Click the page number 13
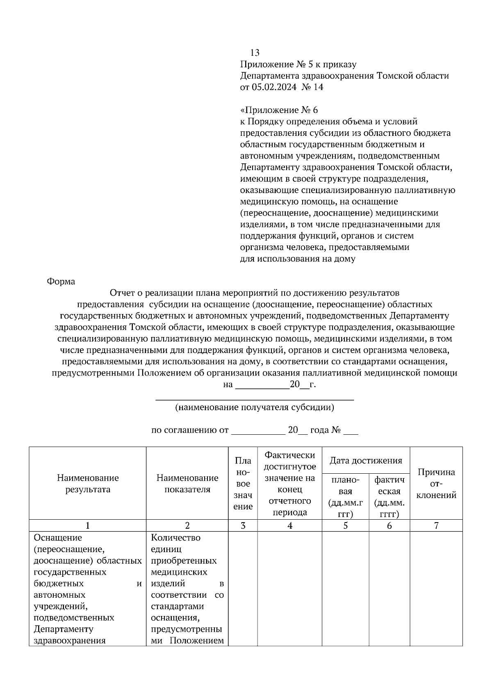tap(255, 53)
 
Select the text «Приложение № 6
tap(279, 110)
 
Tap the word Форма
tap(61, 282)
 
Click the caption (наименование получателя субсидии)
tap(254, 407)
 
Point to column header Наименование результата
tap(88, 483)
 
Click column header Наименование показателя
tap(187, 483)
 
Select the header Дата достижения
tap(366, 460)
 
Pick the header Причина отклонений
tap(436, 483)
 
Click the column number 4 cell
tap(290, 525)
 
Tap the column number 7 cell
tap(436, 525)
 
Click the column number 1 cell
tap(88, 525)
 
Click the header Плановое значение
tap(243, 484)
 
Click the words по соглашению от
tap(190, 430)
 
